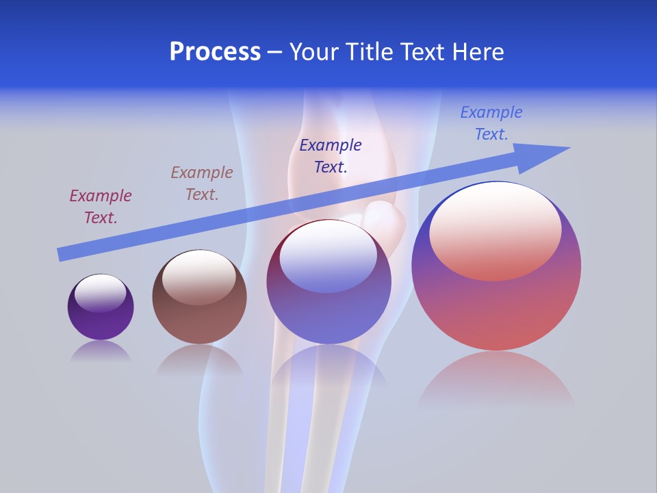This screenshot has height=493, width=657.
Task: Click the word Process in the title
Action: pos(215,52)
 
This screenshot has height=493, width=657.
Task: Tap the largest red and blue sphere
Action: pos(496,308)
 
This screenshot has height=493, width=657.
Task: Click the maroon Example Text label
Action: pos(101,207)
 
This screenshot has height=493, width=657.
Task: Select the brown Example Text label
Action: pos(202,184)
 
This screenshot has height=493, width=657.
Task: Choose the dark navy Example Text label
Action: pos(331,155)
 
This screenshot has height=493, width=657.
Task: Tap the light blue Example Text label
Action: pos(491,123)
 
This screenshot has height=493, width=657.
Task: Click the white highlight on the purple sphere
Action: pos(101,293)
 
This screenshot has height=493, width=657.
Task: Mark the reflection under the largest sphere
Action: pos(496,380)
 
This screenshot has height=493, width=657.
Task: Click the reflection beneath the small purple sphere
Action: pos(101,351)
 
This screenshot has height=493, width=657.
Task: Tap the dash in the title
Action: pos(275,53)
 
